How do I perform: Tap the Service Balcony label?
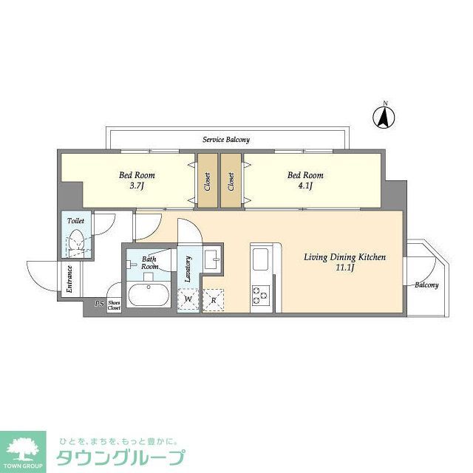225,140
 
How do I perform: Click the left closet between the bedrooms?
208,181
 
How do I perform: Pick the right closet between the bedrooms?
231,181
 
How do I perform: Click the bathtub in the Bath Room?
151,296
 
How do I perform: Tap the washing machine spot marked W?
188,299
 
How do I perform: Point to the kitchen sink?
261,261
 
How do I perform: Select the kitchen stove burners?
261,296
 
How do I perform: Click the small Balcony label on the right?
426,285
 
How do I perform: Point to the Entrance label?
69,279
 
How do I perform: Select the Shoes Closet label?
114,304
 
